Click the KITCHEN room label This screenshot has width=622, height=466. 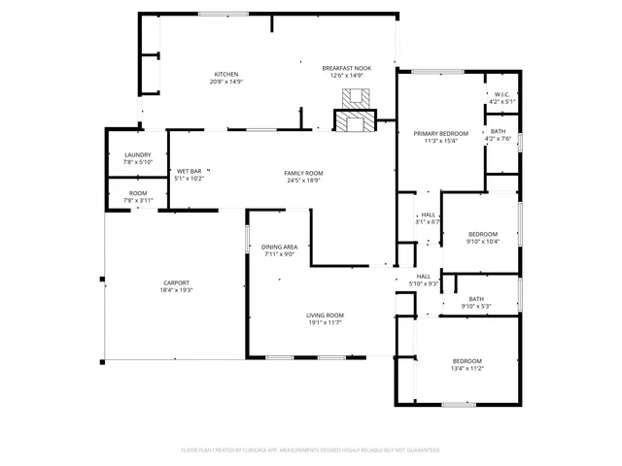point(226,75)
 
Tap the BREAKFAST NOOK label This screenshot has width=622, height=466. point(346,68)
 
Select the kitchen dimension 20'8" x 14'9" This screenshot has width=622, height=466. point(226,83)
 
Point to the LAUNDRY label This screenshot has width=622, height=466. point(137,155)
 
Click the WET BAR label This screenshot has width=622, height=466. point(189,171)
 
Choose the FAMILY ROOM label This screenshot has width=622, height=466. point(303,172)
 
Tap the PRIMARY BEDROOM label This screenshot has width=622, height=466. point(440,133)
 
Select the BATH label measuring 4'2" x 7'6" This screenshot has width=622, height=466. point(498,131)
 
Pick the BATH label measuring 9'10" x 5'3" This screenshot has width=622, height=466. point(476,299)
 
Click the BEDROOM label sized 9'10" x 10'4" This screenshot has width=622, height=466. point(483,234)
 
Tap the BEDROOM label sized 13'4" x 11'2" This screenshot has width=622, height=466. point(466,361)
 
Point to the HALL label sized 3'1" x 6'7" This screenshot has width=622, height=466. point(428,216)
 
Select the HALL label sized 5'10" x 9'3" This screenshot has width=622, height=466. point(424,276)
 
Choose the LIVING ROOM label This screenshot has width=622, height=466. point(326,315)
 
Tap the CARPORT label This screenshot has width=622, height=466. point(177,283)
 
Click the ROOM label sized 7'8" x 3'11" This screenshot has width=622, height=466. point(137,193)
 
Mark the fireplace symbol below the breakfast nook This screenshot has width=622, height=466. point(354,109)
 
